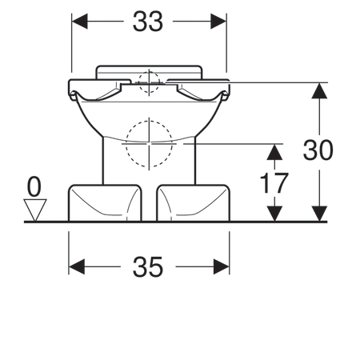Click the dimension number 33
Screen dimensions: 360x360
tap(148, 22)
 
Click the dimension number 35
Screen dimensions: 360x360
tap(148, 266)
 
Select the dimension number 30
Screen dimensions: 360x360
tap(318, 150)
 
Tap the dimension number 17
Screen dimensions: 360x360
tap(274, 183)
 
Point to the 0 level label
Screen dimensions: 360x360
tap(34, 187)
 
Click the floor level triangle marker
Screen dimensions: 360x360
tap(35, 210)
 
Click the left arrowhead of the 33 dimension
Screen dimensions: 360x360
tap(80, 22)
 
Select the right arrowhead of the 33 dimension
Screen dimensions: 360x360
tap(218, 22)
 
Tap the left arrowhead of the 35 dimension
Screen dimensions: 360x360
tap(77, 266)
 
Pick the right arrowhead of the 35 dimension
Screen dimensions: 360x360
tap(222, 266)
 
